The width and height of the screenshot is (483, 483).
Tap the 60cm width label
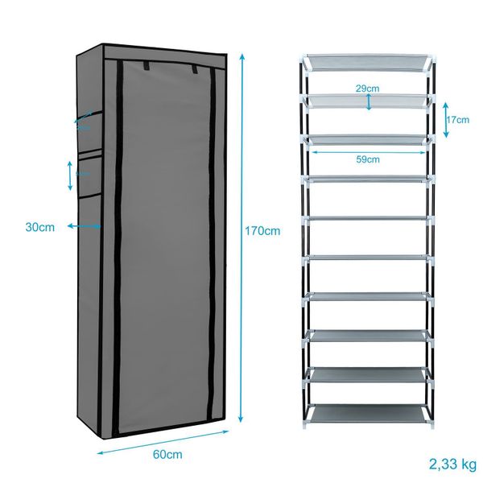(x=167, y=455)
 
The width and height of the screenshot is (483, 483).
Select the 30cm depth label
(x=39, y=228)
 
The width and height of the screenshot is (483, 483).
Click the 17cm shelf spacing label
(x=456, y=120)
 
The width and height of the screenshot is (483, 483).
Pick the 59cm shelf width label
(x=368, y=159)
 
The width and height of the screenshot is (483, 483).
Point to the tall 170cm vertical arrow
(x=242, y=233)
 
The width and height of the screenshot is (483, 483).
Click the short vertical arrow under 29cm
(x=369, y=101)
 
